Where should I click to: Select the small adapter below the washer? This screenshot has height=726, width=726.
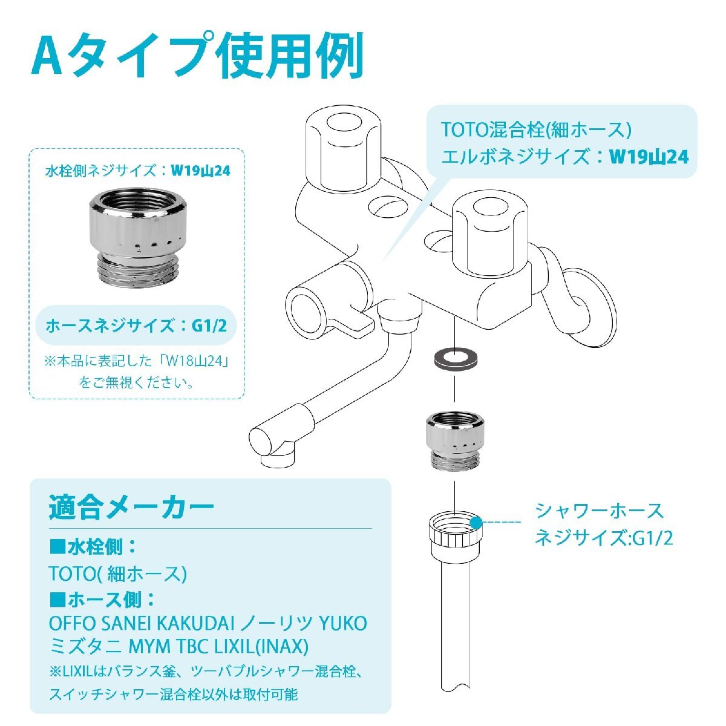454,440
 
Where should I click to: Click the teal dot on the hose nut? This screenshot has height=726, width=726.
476,521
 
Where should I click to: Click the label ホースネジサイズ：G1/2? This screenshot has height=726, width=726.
137,325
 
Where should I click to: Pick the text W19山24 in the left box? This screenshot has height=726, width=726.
200,171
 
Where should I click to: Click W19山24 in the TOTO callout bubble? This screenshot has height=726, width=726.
649,157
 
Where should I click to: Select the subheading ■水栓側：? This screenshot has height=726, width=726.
94,548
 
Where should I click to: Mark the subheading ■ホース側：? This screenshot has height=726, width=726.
103,600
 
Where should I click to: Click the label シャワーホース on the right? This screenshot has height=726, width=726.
599,511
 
